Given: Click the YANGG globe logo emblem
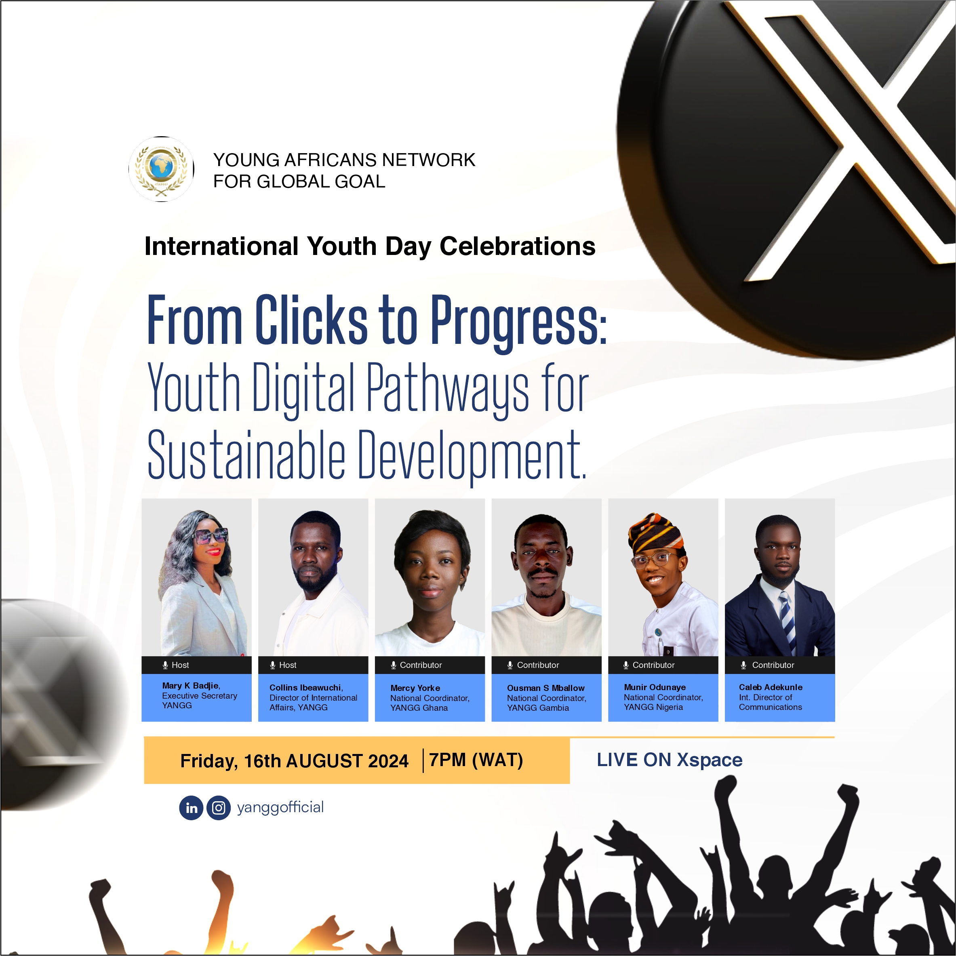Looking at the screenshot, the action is pyautogui.click(x=161, y=169).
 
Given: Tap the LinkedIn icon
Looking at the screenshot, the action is pyautogui.click(x=192, y=808).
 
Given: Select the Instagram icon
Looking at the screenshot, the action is pyautogui.click(x=218, y=808).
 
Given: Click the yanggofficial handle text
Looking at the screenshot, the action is pyautogui.click(x=280, y=808).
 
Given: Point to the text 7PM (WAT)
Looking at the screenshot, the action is pyautogui.click(x=476, y=760).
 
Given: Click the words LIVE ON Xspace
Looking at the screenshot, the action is pyautogui.click(x=670, y=760).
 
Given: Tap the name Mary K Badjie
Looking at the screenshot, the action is pyautogui.click(x=190, y=685).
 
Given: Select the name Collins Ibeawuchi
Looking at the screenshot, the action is pyautogui.click(x=305, y=687).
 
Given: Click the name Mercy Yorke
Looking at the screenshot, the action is pyautogui.click(x=415, y=688).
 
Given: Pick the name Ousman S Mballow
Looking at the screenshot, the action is pyautogui.click(x=546, y=688).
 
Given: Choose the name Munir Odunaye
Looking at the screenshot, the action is pyautogui.click(x=655, y=687).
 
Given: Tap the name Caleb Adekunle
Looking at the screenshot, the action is pyautogui.click(x=771, y=687).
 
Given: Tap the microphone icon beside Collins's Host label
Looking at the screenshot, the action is pyautogui.click(x=273, y=665).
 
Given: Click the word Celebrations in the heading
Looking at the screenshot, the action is pyautogui.click(x=518, y=246).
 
